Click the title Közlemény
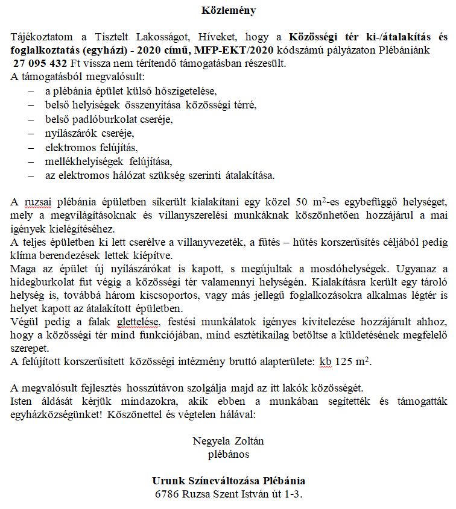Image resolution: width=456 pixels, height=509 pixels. tap(228, 10)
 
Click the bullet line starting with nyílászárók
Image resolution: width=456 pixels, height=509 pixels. tap(89, 133)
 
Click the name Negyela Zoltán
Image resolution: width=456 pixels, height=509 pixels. tap(228, 441)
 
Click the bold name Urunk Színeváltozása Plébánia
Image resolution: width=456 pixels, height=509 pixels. tap(228, 481)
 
